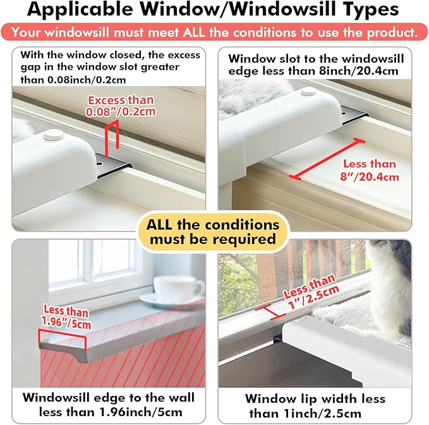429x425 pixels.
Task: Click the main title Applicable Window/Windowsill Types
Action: point(214,11)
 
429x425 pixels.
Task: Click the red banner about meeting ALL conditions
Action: point(214,32)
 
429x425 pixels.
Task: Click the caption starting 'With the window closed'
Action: point(108,67)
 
